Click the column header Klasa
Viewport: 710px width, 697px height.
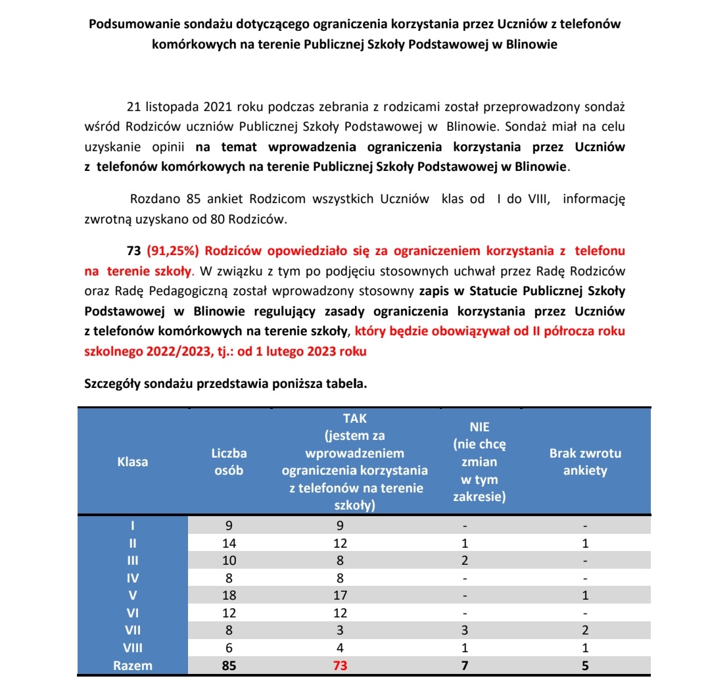[x=133, y=462]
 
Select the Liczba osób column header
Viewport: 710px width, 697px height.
[x=229, y=462]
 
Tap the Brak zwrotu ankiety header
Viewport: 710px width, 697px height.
[x=585, y=462]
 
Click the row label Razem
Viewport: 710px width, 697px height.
[x=133, y=665]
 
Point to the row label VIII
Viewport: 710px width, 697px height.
[x=133, y=648]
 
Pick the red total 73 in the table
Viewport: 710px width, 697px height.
[x=339, y=665]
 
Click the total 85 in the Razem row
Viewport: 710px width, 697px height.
[x=229, y=665]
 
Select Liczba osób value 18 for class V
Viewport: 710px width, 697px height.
[x=229, y=595]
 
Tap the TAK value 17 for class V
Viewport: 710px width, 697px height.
[x=339, y=595]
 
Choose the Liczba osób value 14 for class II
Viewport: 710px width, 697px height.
[x=229, y=543]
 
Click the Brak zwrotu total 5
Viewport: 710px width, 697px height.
[x=585, y=665]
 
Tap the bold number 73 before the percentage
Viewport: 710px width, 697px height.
[x=133, y=251]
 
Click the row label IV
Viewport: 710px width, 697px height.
[x=133, y=578]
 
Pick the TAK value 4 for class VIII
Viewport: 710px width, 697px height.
[x=339, y=648]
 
